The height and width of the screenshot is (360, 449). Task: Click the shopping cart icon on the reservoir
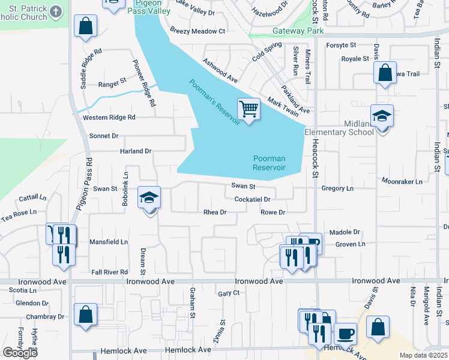coord(249,109)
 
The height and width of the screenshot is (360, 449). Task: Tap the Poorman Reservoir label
coord(269,163)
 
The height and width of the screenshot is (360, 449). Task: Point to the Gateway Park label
coord(298,31)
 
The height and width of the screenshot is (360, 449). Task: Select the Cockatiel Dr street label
coord(253,199)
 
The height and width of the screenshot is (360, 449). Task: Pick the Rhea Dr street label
coord(215,212)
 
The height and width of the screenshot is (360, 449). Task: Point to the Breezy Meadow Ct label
coord(197,31)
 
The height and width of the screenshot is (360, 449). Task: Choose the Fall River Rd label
coord(109,272)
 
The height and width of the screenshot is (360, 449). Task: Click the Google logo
coord(20,352)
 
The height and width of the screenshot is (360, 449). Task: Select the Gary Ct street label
coord(229,293)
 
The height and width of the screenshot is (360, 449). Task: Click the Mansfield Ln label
coord(109,242)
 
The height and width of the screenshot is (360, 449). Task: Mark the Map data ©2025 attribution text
coord(423,355)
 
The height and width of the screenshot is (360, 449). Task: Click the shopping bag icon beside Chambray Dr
coord(86,315)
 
